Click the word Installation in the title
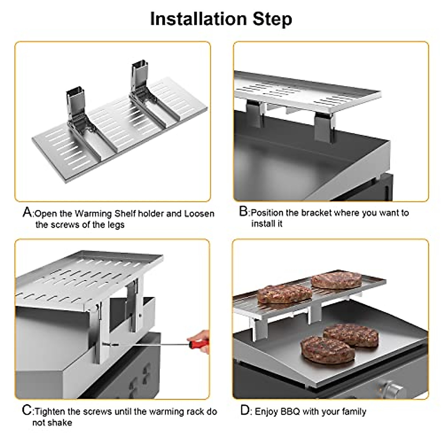(198, 19)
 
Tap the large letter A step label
(27, 213)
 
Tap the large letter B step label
(244, 212)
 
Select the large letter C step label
(27, 411)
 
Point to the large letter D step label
(245, 410)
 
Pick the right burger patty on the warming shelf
(336, 281)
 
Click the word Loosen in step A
(199, 214)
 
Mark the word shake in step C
(61, 422)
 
